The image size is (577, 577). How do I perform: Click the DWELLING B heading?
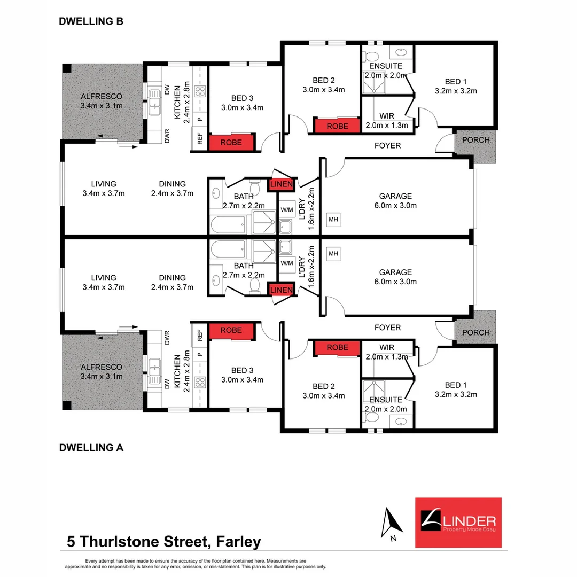tap(91, 21)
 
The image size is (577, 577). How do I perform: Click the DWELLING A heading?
tap(91, 448)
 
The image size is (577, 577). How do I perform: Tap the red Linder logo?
tap(458, 523)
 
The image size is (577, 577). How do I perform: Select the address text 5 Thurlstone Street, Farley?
tap(164, 542)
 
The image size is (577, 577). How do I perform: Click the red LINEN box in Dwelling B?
tap(282, 184)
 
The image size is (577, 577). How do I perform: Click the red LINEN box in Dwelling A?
tap(282, 290)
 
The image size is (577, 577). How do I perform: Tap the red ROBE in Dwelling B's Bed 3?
tap(231, 143)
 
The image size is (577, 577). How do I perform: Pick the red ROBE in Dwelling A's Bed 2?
tap(337, 347)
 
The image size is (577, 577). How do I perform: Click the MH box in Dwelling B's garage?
tap(333, 219)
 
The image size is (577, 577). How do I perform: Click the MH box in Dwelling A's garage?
tap(333, 253)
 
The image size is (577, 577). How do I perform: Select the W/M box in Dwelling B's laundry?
tap(287, 209)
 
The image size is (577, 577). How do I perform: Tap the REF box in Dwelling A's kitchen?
tap(200, 335)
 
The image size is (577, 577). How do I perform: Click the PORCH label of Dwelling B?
tap(475, 140)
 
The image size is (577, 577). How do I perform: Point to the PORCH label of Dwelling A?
tap(475, 332)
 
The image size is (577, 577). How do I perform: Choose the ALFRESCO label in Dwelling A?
tap(102, 367)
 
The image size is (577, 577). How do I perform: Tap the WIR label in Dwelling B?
tap(387, 116)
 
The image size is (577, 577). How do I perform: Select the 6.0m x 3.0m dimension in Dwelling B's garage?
tap(395, 206)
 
